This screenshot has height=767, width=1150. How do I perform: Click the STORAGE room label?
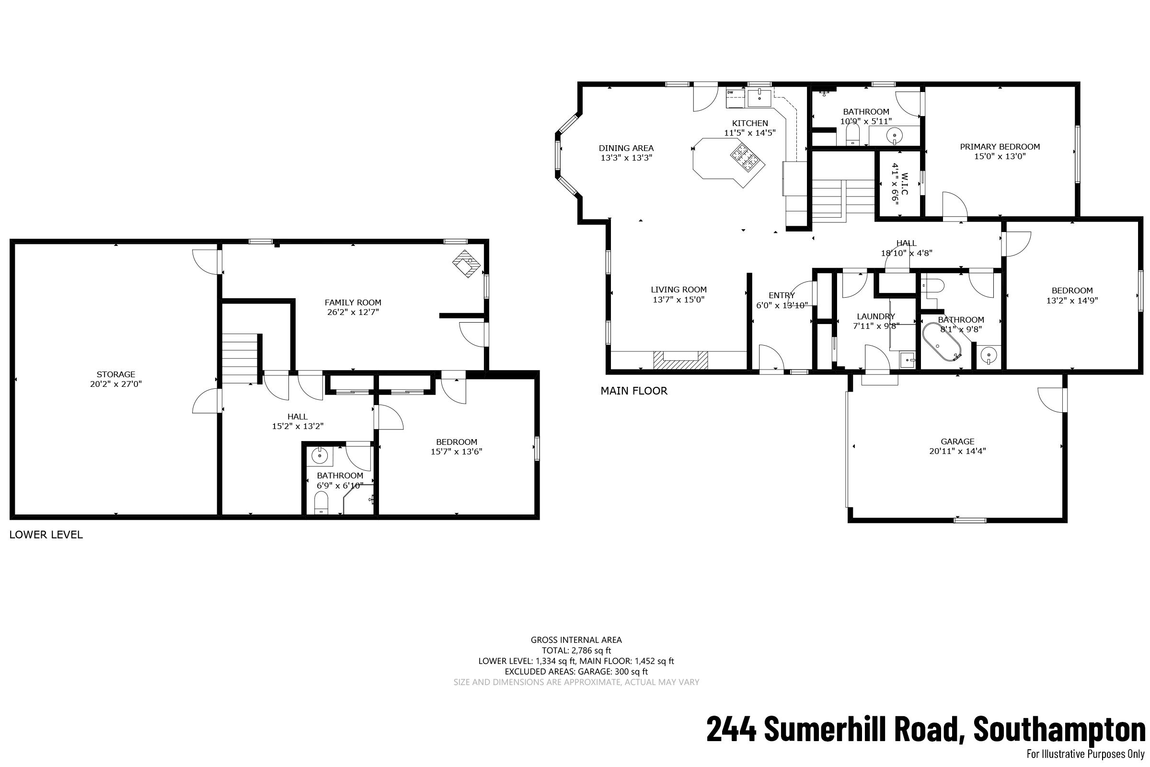[x=116, y=374]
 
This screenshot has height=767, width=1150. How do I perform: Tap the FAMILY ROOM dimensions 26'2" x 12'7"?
[x=353, y=312]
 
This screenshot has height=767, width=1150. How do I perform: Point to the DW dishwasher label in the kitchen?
[x=730, y=92]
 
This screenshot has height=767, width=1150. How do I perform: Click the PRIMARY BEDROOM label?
[x=1000, y=147]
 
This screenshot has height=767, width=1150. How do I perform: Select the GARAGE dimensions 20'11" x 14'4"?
[x=957, y=451]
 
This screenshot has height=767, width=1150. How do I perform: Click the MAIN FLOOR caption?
[x=633, y=390]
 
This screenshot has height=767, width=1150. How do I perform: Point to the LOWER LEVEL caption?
[x=46, y=535]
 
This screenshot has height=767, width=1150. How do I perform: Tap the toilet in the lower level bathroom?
[x=321, y=502]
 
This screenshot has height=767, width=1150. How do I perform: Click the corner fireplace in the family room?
[x=466, y=264]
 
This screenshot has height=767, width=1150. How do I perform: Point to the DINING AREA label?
[x=626, y=148]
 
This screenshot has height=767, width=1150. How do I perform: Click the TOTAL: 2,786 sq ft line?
[x=576, y=650]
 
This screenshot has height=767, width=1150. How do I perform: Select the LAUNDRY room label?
[x=876, y=316]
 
